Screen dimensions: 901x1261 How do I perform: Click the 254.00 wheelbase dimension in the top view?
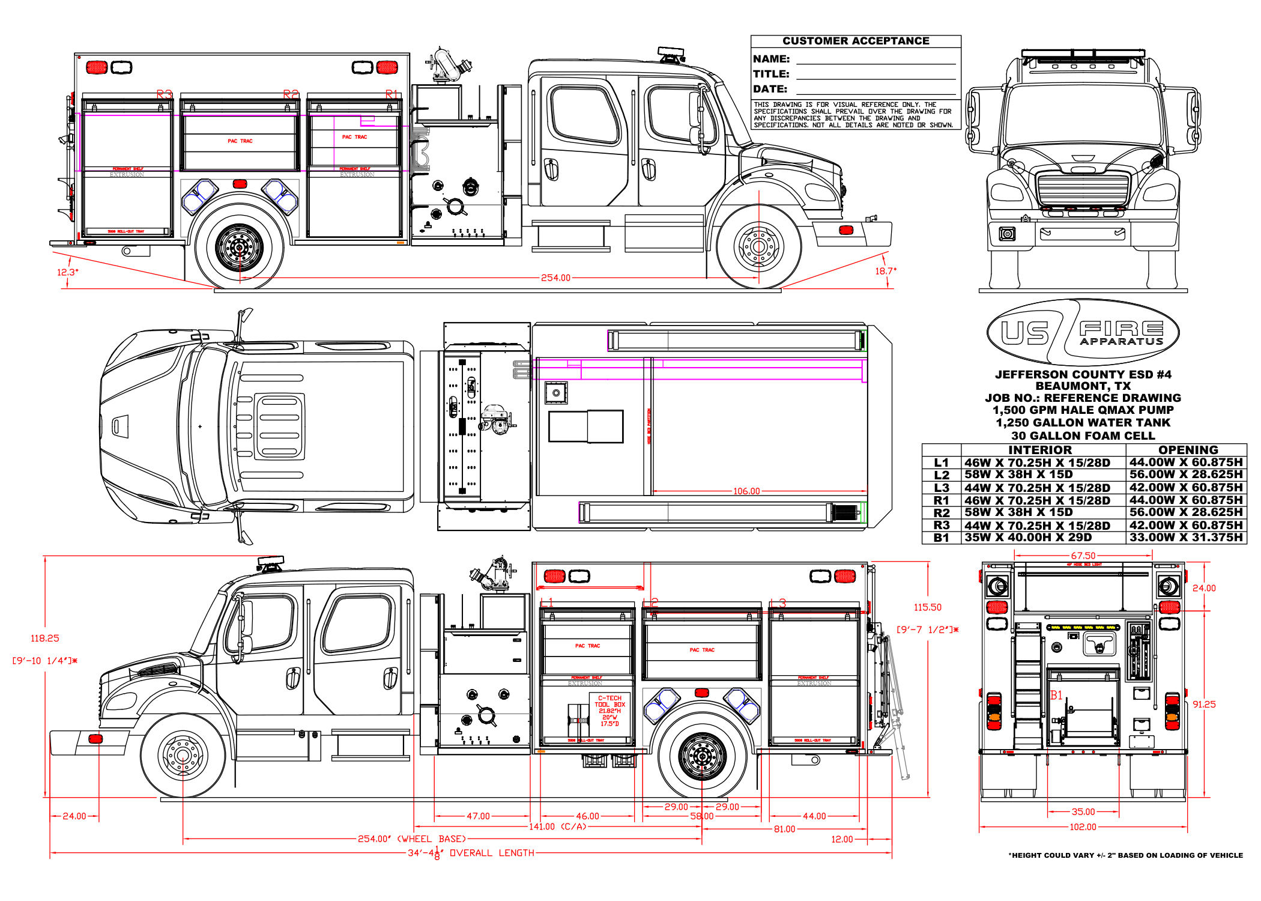(555, 278)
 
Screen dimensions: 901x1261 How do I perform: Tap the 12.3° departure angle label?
(67, 272)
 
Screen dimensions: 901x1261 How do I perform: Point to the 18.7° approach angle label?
(885, 271)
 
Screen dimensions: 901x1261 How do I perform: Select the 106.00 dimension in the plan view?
(746, 491)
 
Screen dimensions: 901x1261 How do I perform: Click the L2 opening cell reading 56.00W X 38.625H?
(1186, 475)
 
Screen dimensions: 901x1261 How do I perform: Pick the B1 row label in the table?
(941, 538)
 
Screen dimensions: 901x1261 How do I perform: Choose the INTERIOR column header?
(1039, 450)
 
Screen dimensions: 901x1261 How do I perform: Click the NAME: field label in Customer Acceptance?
(771, 59)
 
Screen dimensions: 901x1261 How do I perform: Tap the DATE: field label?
(770, 89)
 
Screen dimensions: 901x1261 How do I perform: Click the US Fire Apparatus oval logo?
(1083, 332)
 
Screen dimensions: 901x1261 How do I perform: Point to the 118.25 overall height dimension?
(45, 638)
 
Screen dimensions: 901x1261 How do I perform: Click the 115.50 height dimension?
(928, 607)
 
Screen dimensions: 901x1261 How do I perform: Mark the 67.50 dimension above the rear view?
(1083, 556)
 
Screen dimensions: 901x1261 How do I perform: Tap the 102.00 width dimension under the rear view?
(1083, 827)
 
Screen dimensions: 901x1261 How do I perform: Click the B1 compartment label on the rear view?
(1056, 695)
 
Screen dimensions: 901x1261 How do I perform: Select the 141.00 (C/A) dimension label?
(557, 827)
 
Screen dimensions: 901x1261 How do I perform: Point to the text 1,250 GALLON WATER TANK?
(1083, 422)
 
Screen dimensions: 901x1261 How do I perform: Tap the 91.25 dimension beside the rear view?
(1204, 704)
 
